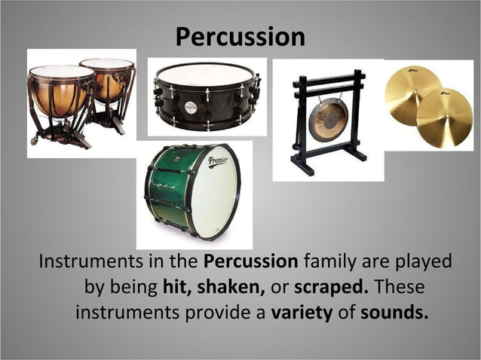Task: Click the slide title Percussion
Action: coord(240,36)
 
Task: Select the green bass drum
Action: coord(191,193)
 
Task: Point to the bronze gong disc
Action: coord(328,120)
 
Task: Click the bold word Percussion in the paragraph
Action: coord(251,262)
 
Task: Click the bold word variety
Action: coord(302,312)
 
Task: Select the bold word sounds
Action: coord(394,312)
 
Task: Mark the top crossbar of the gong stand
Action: coord(327,78)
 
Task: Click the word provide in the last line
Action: coord(221,312)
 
